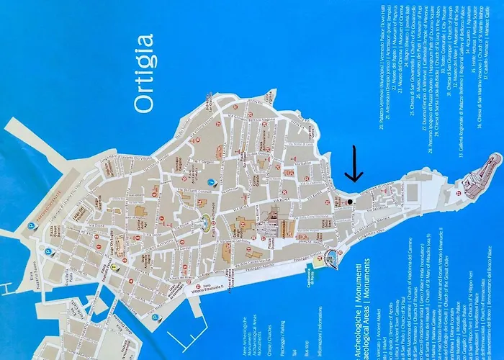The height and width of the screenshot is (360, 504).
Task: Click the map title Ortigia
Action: [145, 71]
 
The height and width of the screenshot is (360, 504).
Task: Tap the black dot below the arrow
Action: [350, 202]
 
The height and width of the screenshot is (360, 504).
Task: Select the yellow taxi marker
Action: [113, 266]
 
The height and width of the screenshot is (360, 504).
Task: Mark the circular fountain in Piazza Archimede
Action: [207, 221]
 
